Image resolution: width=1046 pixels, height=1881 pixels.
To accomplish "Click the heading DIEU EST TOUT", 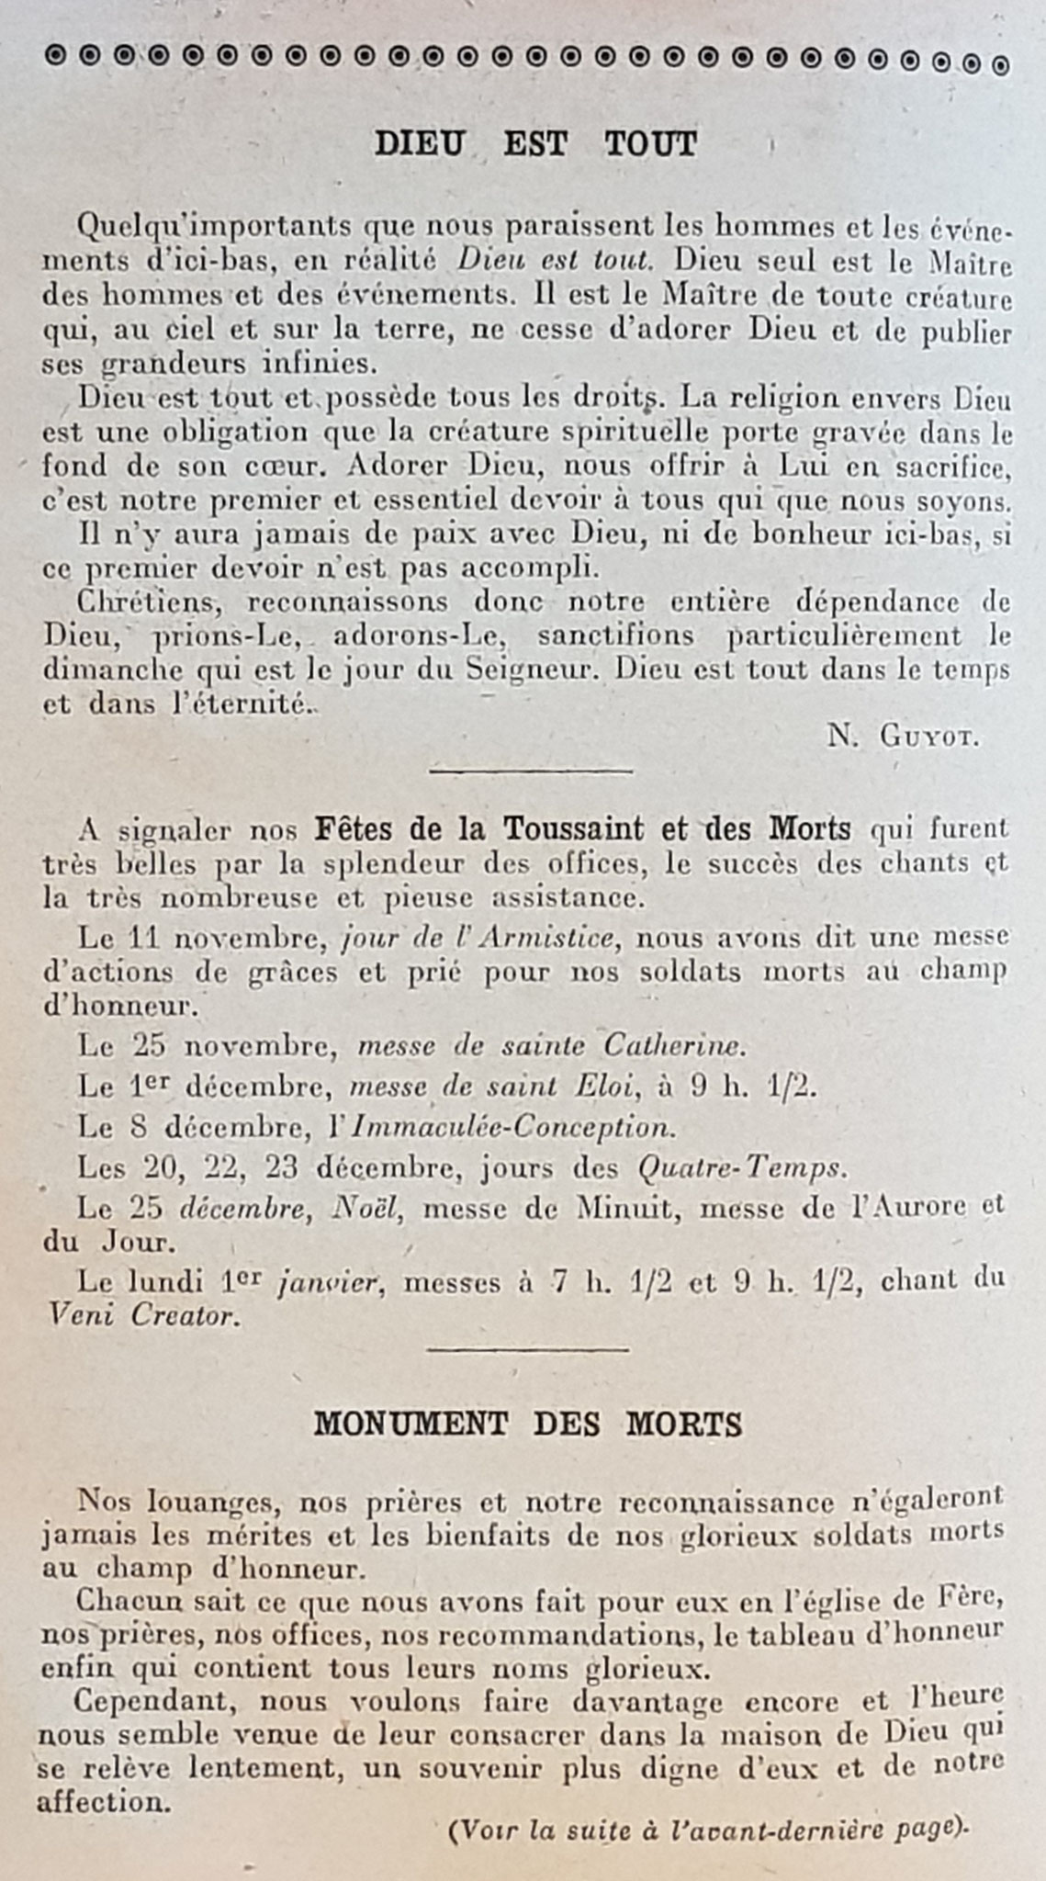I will pyautogui.click(x=535, y=144).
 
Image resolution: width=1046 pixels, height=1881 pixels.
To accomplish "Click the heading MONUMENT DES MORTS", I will pyautogui.click(x=527, y=1425).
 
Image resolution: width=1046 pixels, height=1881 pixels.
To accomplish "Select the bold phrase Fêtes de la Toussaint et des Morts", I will pyautogui.click(x=582, y=828).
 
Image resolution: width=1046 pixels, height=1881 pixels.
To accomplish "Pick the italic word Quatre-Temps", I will pyautogui.click(x=739, y=1168).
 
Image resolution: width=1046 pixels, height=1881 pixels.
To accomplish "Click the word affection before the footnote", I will pyautogui.click(x=104, y=1802).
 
